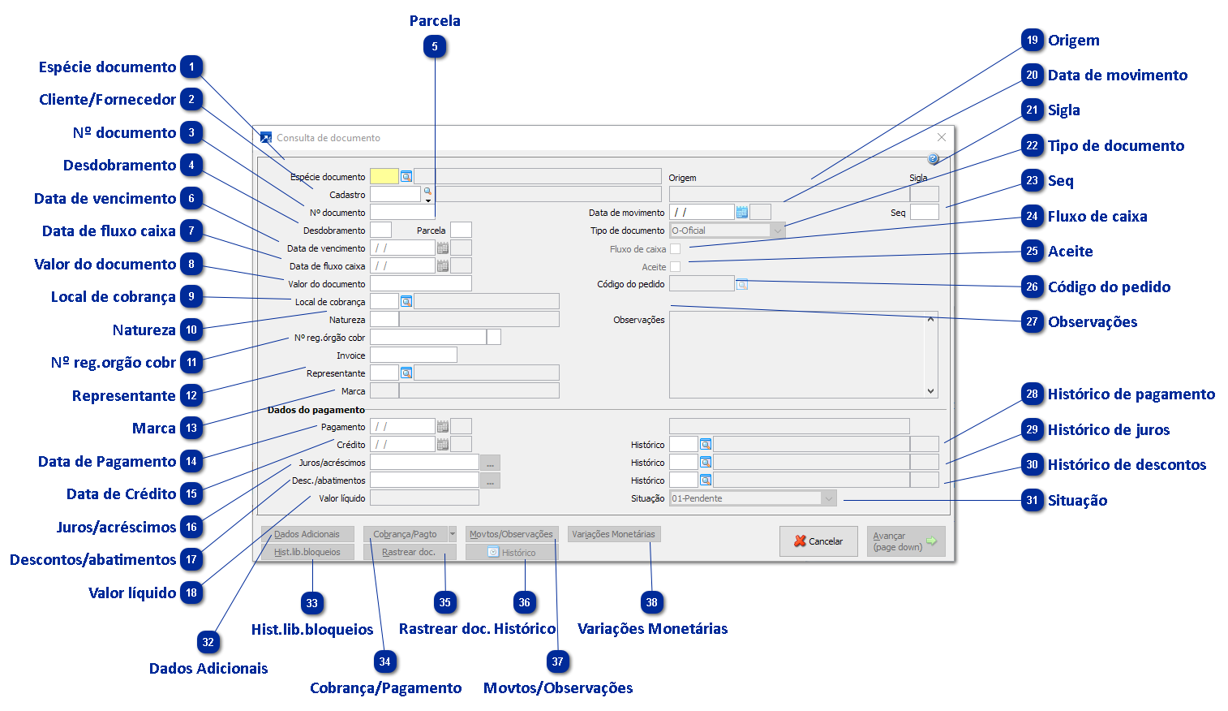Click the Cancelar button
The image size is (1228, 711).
(818, 541)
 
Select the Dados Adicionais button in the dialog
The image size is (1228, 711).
(307, 534)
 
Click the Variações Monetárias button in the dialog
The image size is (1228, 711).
(613, 534)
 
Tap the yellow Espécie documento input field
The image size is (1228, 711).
(384, 176)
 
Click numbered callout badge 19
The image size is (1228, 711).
(1032, 40)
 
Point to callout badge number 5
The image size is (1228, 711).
(435, 47)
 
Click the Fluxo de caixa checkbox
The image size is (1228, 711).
(675, 249)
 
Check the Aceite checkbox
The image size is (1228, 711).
(675, 267)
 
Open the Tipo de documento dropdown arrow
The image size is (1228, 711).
(778, 231)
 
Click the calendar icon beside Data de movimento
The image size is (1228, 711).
(741, 213)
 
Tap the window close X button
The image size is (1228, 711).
(941, 138)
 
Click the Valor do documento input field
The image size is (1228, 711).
(420, 283)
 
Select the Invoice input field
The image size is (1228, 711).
(414, 355)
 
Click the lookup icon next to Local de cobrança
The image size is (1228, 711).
(406, 302)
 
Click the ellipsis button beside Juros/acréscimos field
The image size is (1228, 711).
(490, 463)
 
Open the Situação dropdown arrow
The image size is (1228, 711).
(828, 498)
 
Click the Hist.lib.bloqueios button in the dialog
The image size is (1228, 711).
(307, 552)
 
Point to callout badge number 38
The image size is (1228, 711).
(652, 602)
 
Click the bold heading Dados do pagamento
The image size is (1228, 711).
(316, 410)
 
